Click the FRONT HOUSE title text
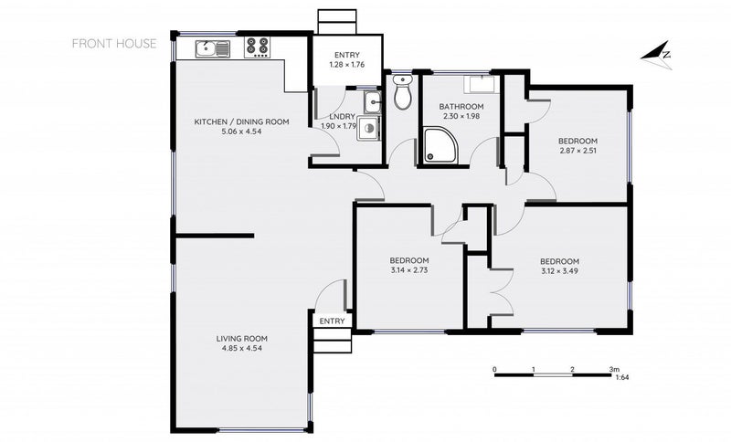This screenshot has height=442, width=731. click(113, 43)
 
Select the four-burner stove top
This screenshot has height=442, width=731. click(257, 47)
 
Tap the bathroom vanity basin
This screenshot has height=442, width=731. click(479, 86)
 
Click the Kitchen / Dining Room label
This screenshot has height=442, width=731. click(241, 121)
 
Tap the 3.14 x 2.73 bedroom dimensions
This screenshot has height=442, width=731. click(408, 271)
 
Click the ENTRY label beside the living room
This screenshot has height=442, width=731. click(332, 321)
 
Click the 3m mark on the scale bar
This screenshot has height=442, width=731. click(614, 370)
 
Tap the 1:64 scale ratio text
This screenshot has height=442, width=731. click(621, 377)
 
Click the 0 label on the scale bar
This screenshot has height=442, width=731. click(494, 370)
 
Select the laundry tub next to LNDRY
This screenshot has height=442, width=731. click(370, 100)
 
